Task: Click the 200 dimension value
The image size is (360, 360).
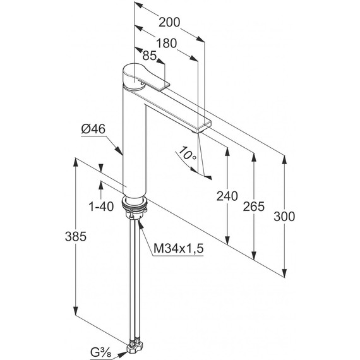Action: tap(169, 23)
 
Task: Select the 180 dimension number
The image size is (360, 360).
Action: tap(167, 43)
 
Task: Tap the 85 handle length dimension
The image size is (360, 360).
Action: tap(150, 56)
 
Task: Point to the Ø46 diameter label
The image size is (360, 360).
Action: tap(93, 129)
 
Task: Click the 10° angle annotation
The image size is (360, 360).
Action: tap(188, 154)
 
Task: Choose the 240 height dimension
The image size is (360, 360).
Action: tap(227, 196)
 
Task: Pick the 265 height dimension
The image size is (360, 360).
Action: tap(254, 207)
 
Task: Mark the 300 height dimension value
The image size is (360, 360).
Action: tap(284, 217)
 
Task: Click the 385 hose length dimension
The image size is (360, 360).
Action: tap(76, 236)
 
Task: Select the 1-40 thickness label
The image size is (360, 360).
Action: tap(101, 207)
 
